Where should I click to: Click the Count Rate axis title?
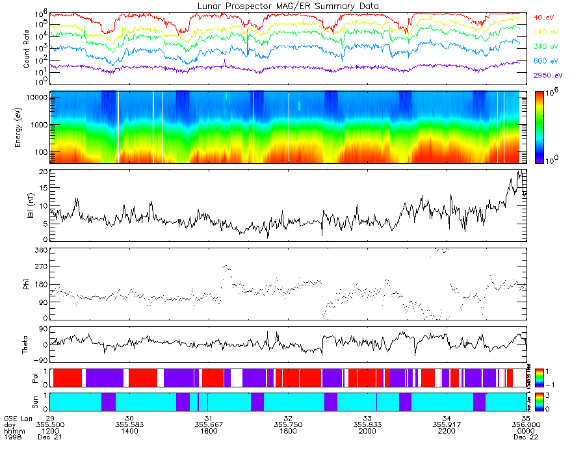pyautogui.click(x=27, y=49)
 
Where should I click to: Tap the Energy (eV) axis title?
pyautogui.click(x=27, y=127)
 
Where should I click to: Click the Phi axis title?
pyautogui.click(x=27, y=284)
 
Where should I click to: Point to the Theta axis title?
pyautogui.click(x=27, y=345)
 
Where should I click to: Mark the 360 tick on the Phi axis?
pyautogui.click(x=41, y=250)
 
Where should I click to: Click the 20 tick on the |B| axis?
pyautogui.click(x=43, y=172)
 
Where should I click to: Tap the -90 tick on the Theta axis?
pyautogui.click(x=40, y=359)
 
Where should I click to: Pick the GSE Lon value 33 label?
pyautogui.click(x=367, y=418)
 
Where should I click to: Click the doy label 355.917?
pyautogui.click(x=447, y=424)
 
